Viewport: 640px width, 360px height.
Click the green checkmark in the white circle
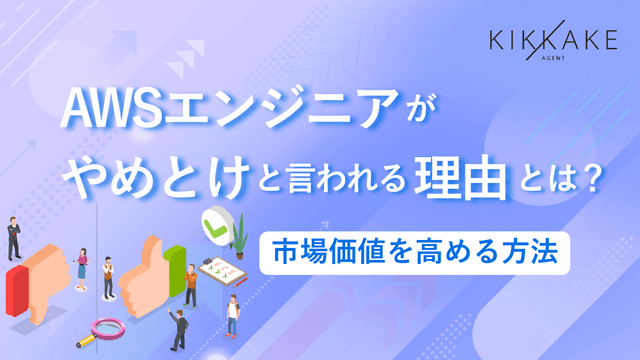tap(214, 222)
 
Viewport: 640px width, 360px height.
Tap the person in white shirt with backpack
tap(232, 314)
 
